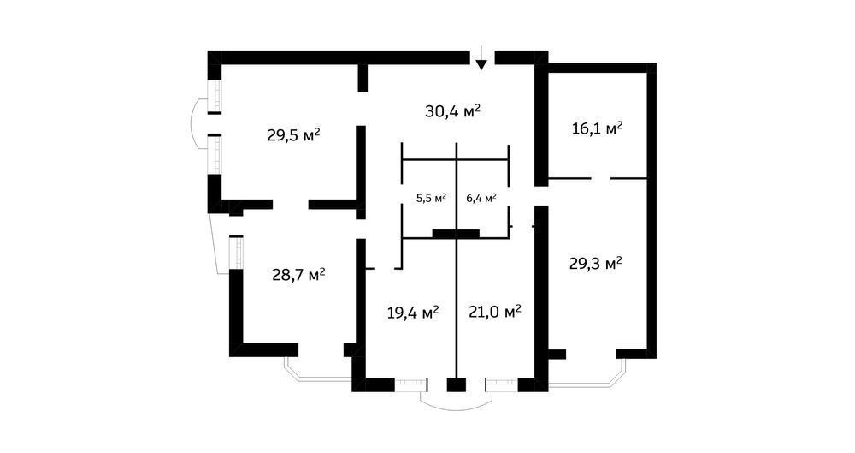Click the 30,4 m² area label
coord(452,111)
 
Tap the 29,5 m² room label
coord(293,134)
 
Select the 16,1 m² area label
coord(598,129)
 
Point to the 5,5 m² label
coord(431,198)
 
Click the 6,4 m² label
coord(481,198)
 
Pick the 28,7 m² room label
coord(298,274)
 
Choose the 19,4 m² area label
coord(413,313)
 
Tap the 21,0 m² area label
coord(495,312)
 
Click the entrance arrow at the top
coord(481,58)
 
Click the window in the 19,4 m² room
coord(410,384)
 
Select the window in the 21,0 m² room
coord(502,384)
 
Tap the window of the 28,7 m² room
coord(236,252)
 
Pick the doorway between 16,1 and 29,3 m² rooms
coord(600,178)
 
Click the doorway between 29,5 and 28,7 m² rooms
coord(291,205)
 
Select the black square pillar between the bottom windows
coord(457,384)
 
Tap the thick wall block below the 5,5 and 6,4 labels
coord(456,234)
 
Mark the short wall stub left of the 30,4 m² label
coord(362,78)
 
